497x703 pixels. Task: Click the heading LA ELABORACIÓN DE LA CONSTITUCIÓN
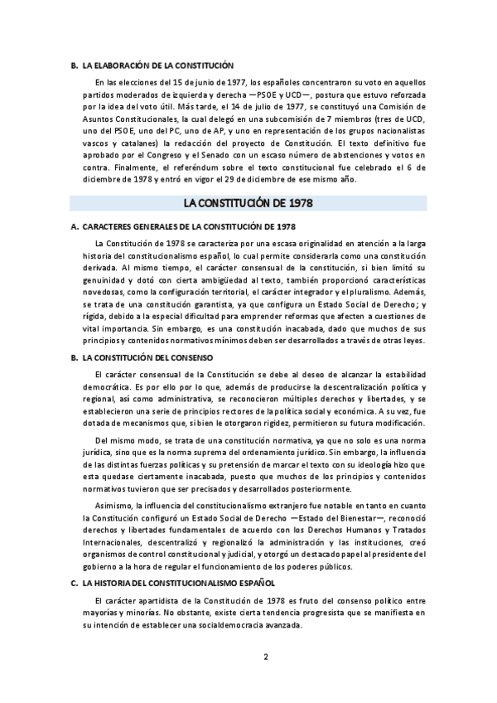point(158,65)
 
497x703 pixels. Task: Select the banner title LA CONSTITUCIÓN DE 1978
point(248,203)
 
